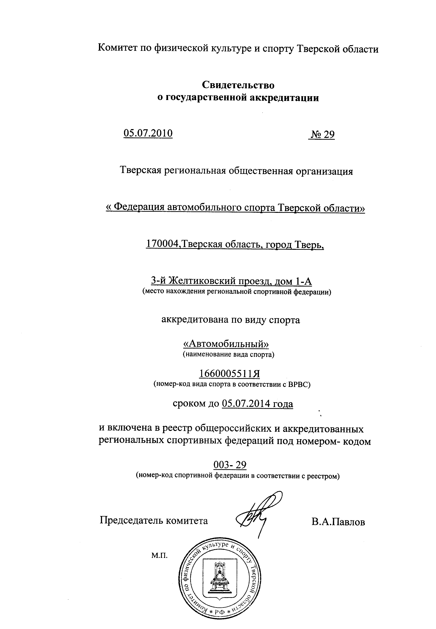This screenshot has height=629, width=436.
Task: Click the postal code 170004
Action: pyautogui.click(x=163, y=243)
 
